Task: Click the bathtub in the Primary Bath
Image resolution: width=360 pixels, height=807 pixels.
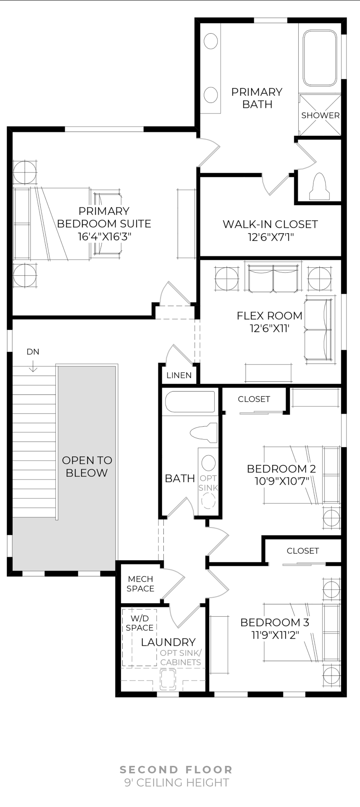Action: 320,58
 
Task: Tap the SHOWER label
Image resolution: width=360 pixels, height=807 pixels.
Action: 320,115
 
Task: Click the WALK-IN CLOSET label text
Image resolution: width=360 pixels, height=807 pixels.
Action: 270,224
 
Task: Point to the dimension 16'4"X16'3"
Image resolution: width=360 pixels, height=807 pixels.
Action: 104,237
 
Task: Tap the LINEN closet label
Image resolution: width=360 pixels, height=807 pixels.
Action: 179,375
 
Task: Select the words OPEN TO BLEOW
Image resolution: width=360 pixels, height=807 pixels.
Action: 87,467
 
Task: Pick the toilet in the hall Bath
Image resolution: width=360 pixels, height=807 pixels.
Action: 204,433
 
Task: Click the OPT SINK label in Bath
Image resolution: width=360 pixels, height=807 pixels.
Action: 208,483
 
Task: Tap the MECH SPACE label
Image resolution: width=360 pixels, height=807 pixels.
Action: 140,584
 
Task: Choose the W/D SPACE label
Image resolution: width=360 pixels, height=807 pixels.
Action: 139,623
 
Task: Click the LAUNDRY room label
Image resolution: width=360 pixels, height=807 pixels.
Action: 168,642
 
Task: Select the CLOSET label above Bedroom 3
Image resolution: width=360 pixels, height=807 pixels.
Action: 303,551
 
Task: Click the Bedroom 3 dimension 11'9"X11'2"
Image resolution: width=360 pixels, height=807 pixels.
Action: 275,635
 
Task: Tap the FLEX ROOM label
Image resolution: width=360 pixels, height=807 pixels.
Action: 270,316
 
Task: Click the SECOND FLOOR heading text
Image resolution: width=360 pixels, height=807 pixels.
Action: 176,770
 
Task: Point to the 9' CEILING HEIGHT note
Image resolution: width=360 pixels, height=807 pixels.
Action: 176,783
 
